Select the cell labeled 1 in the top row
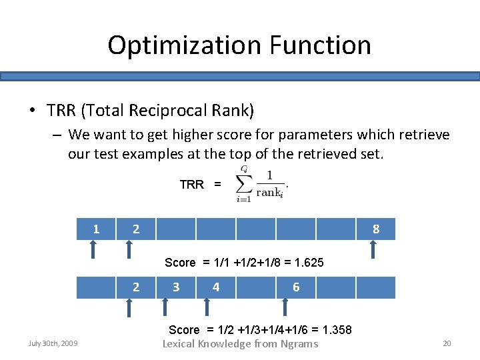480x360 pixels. [x=96, y=229]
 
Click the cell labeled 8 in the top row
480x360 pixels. [x=376, y=229]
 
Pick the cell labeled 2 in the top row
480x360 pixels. [x=136, y=229]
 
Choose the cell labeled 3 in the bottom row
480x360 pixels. [x=176, y=287]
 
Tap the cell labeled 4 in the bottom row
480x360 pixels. [x=216, y=287]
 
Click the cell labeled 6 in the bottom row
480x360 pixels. [x=296, y=287]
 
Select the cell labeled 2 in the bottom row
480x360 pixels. [x=136, y=287]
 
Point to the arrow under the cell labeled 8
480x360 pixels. [x=373, y=249]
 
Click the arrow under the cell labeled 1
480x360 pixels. [x=93, y=249]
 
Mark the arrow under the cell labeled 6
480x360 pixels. [x=285, y=307]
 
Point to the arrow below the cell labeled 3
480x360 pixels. [x=166, y=307]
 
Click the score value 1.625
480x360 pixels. [x=308, y=263]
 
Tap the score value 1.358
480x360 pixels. [x=337, y=330]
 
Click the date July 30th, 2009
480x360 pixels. [x=53, y=343]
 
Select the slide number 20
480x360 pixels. [x=447, y=343]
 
